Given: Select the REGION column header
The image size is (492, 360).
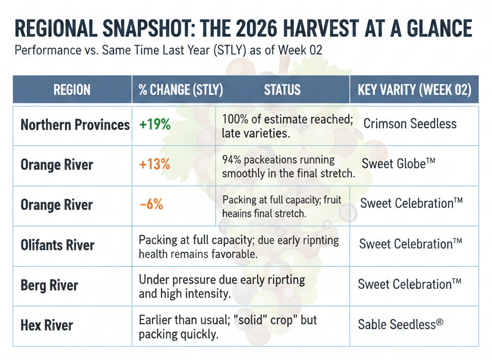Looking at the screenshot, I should [72, 90].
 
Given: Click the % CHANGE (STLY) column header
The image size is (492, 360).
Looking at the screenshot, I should [181, 90].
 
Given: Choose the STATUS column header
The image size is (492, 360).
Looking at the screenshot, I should [282, 90].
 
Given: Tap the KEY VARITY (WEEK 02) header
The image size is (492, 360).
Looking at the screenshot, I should [414, 90].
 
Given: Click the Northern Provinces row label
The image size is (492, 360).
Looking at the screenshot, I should [75, 125].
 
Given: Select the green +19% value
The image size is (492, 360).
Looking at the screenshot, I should [155, 125].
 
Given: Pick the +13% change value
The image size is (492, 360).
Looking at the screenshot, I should [155, 165].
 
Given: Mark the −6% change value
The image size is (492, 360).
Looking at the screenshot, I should [152, 204].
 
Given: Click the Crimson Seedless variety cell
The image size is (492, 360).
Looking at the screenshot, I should [410, 124].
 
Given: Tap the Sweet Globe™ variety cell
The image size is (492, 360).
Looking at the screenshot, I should [399, 163].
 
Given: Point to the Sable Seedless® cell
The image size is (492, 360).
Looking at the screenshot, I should [401, 324].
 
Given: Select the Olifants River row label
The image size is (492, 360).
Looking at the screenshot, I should [58, 245].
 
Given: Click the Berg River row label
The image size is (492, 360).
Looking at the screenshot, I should [49, 286].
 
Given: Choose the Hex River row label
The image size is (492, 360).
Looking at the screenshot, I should [47, 325].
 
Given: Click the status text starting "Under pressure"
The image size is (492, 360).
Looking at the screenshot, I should [222, 287].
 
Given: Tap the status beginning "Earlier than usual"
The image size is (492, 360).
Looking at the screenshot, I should [228, 326].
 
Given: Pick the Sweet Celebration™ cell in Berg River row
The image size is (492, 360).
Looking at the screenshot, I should [410, 285].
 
